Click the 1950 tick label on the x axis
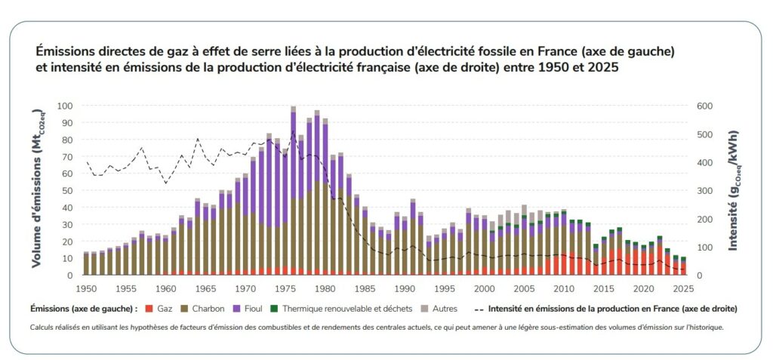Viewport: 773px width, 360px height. tap(86, 288)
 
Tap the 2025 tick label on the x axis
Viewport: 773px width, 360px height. tap(684, 288)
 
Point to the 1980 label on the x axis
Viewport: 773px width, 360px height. tap(325, 288)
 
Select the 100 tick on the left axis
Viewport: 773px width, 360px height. tap(66, 106)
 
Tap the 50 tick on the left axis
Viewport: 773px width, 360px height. tap(68, 191)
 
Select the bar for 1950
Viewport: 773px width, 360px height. tap(86, 264)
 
